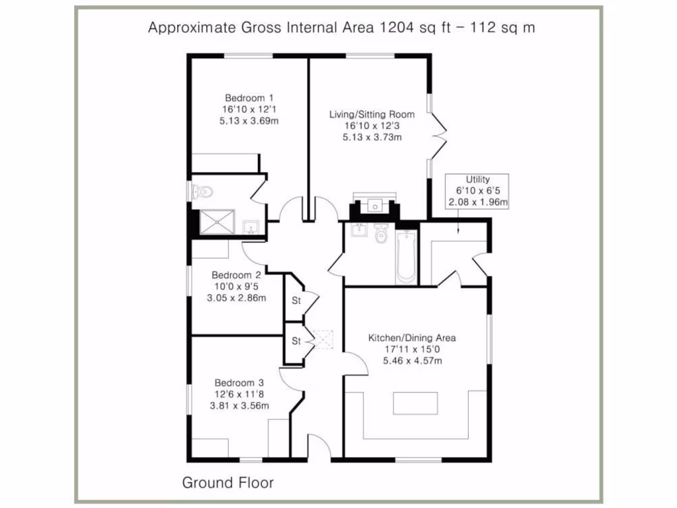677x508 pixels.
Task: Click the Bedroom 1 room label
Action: pyautogui.click(x=239, y=97)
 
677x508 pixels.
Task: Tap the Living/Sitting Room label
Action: pyautogui.click(x=372, y=114)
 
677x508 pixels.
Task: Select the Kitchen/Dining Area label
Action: pyautogui.click(x=412, y=338)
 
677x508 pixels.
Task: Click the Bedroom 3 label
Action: pyautogui.click(x=239, y=382)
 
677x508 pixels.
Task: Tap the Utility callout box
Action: pyautogui.click(x=477, y=192)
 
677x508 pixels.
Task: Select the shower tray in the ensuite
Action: pyautogui.click(x=218, y=223)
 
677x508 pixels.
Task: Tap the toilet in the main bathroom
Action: pyautogui.click(x=380, y=233)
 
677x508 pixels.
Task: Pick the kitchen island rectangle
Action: pyautogui.click(x=415, y=403)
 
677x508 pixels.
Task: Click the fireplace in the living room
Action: pyautogui.click(x=375, y=206)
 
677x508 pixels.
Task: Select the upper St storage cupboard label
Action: pyautogui.click(x=296, y=300)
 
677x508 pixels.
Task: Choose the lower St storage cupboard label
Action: pyautogui.click(x=296, y=341)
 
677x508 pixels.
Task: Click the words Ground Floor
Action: pyautogui.click(x=227, y=483)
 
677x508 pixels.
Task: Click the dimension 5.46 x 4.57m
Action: pyautogui.click(x=412, y=360)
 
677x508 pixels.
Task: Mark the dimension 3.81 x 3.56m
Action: pyautogui.click(x=239, y=405)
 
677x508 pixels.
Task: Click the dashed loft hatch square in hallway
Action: pyautogui.click(x=324, y=339)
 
